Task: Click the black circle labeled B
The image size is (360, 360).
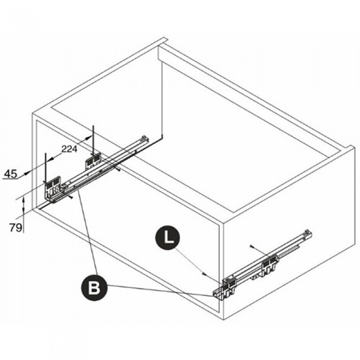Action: pyautogui.click(x=94, y=287)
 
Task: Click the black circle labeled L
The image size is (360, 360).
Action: pyautogui.click(x=168, y=238)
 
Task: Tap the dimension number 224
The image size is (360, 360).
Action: pyautogui.click(x=69, y=149)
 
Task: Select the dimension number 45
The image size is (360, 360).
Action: pyautogui.click(x=11, y=174)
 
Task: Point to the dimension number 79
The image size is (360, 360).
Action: pyautogui.click(x=16, y=227)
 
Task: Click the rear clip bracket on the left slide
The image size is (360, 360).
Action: pyautogui.click(x=94, y=160)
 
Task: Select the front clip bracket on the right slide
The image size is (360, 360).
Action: pyautogui.click(x=224, y=288)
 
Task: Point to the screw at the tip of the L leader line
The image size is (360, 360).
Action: pyautogui.click(x=204, y=274)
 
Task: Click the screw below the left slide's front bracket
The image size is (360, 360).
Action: pyautogui.click(x=71, y=197)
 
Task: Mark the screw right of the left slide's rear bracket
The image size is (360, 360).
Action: pyautogui.click(x=118, y=169)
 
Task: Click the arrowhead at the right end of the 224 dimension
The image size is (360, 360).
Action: pyautogui.click(x=89, y=137)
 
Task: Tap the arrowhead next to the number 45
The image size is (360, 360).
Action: pyautogui.click(x=26, y=173)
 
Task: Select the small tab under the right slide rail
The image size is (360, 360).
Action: pyautogui.click(x=255, y=278)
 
